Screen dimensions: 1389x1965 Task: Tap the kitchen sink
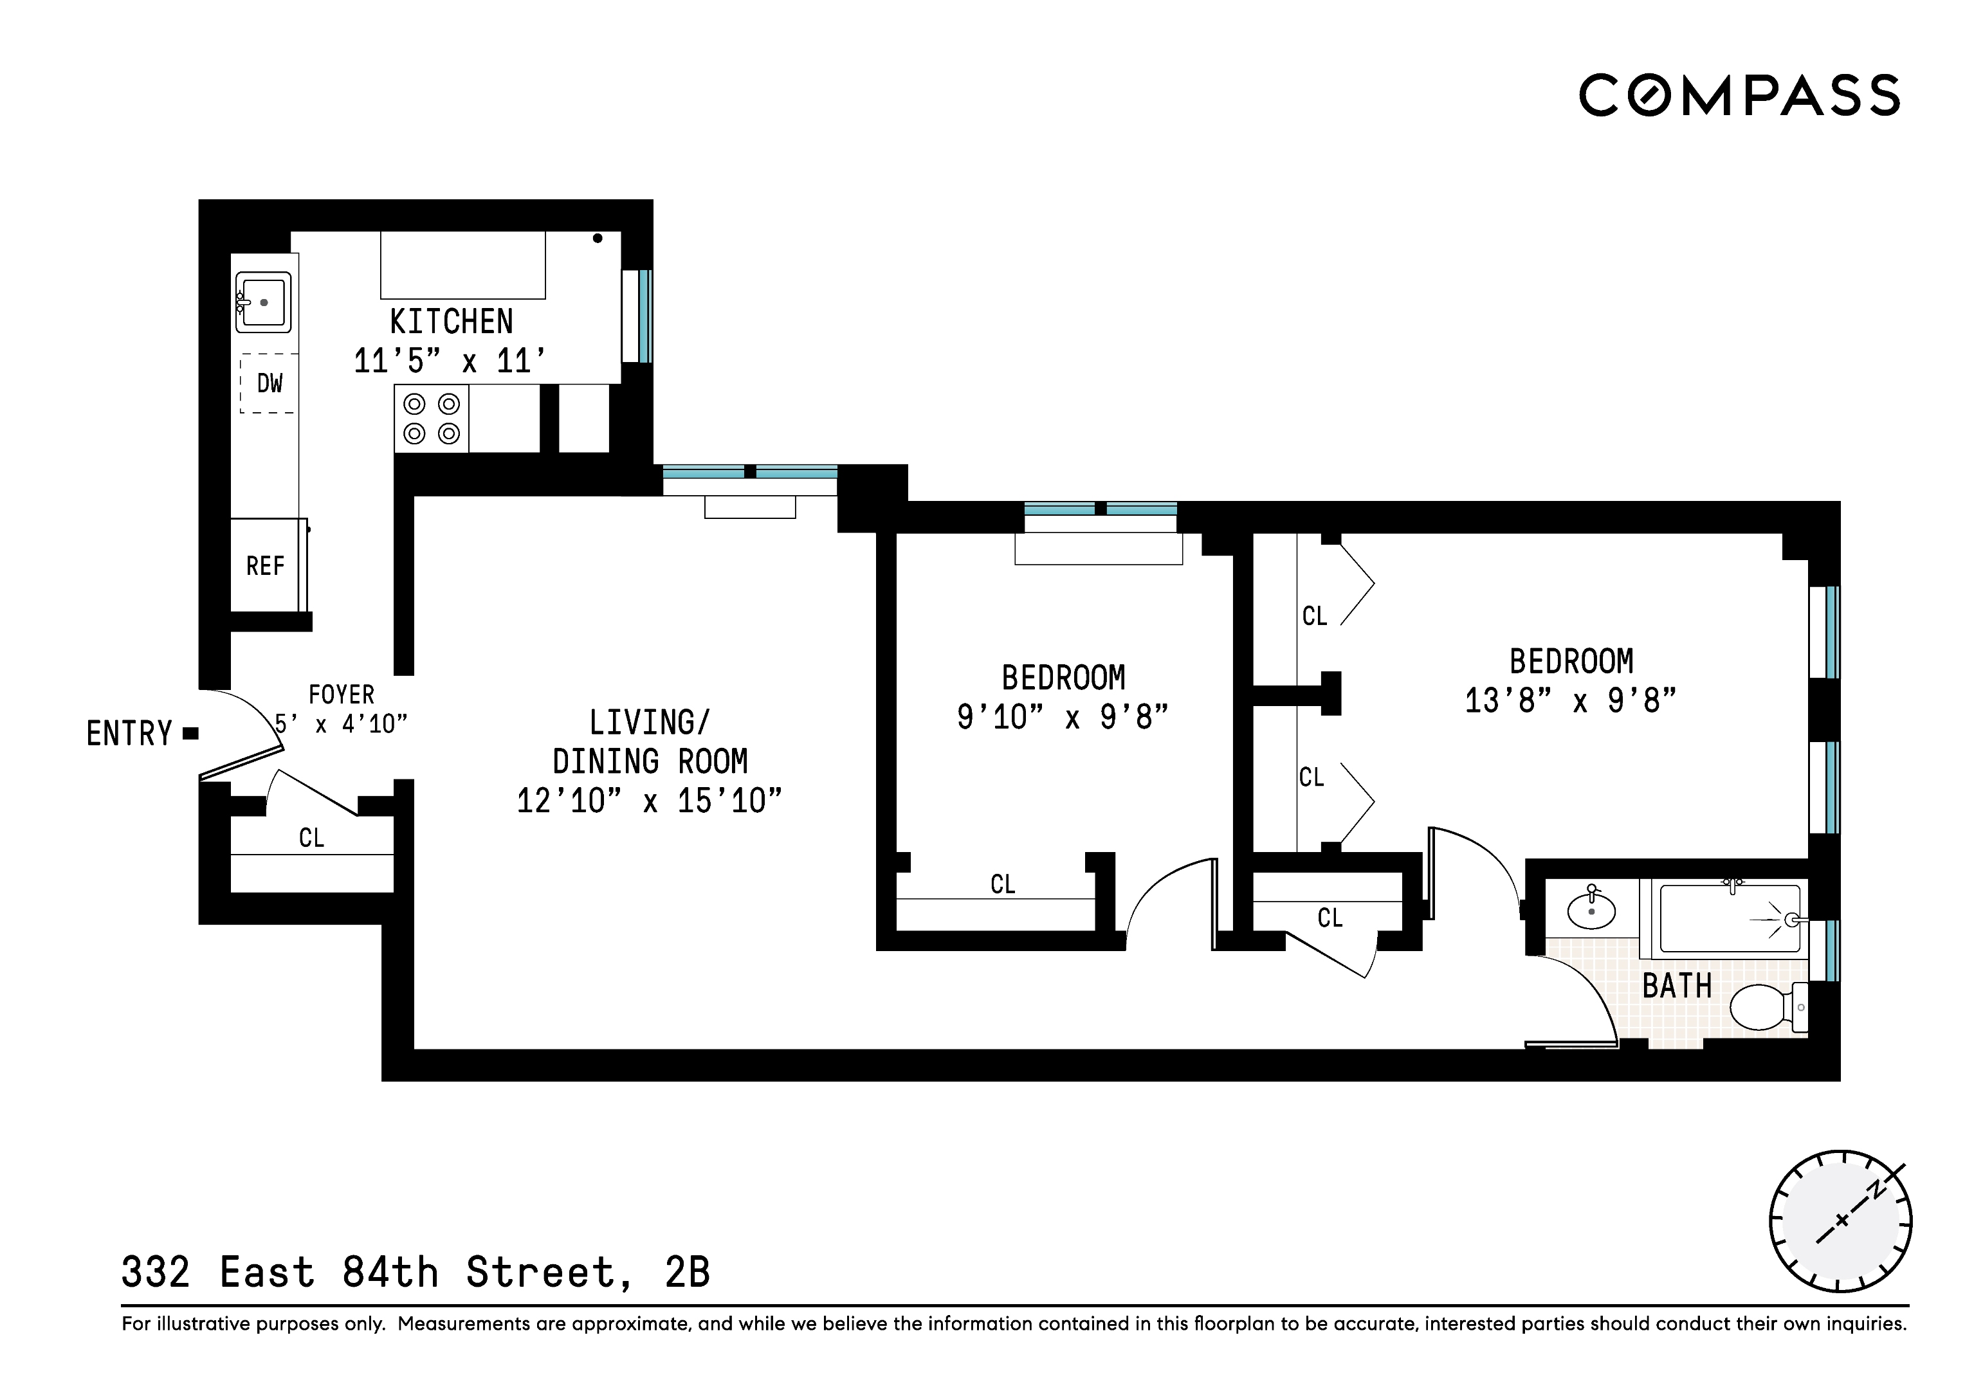point(264,302)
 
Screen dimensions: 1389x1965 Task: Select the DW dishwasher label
point(270,383)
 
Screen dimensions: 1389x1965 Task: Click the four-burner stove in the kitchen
point(432,419)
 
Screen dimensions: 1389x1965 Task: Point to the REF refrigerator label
point(265,566)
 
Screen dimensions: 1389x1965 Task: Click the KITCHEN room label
point(451,322)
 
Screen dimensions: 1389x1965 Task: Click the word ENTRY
point(129,734)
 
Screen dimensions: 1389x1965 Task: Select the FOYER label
point(342,694)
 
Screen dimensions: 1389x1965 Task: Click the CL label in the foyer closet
point(311,838)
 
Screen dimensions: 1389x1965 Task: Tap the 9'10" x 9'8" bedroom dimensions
point(1062,717)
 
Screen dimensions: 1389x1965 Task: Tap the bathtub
point(1729,919)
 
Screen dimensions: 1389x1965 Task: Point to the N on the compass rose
point(1875,1190)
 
